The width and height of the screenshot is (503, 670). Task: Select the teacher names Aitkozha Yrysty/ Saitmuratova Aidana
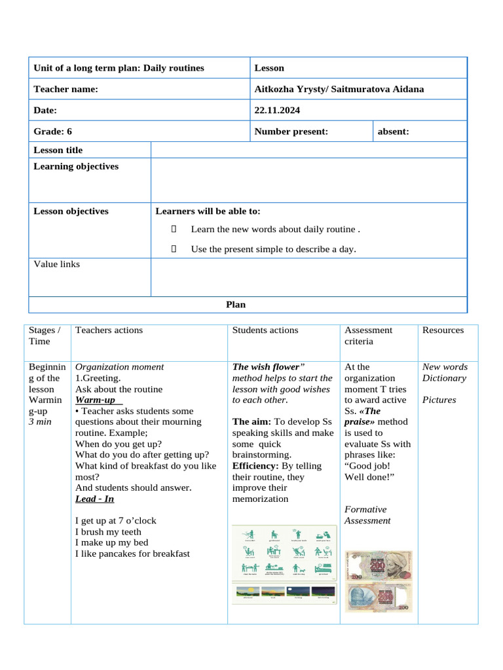coord(339,89)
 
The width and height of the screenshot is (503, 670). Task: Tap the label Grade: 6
coord(53,132)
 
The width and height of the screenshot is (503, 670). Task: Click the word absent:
coord(394,132)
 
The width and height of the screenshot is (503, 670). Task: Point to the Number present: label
coord(291,132)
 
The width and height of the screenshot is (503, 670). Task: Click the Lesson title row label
coord(58,150)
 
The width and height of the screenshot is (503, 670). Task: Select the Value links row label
coord(57,264)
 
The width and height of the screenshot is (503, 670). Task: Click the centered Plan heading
coord(236,304)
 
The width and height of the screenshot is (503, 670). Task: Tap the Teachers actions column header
coord(109,330)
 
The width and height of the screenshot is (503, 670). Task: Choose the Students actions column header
coord(265,330)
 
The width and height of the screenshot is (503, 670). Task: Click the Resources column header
coord(443,330)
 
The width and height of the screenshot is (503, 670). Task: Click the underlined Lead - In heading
coord(95,499)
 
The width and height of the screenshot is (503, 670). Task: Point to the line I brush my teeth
coord(108,532)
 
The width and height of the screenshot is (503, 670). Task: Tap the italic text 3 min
coord(41,422)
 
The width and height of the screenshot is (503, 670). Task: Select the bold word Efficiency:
coord(255,466)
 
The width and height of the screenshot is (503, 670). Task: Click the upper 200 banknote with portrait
coord(379,565)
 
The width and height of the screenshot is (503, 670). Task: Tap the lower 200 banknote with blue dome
coord(379,597)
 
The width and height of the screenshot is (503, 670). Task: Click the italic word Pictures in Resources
coord(439,400)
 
